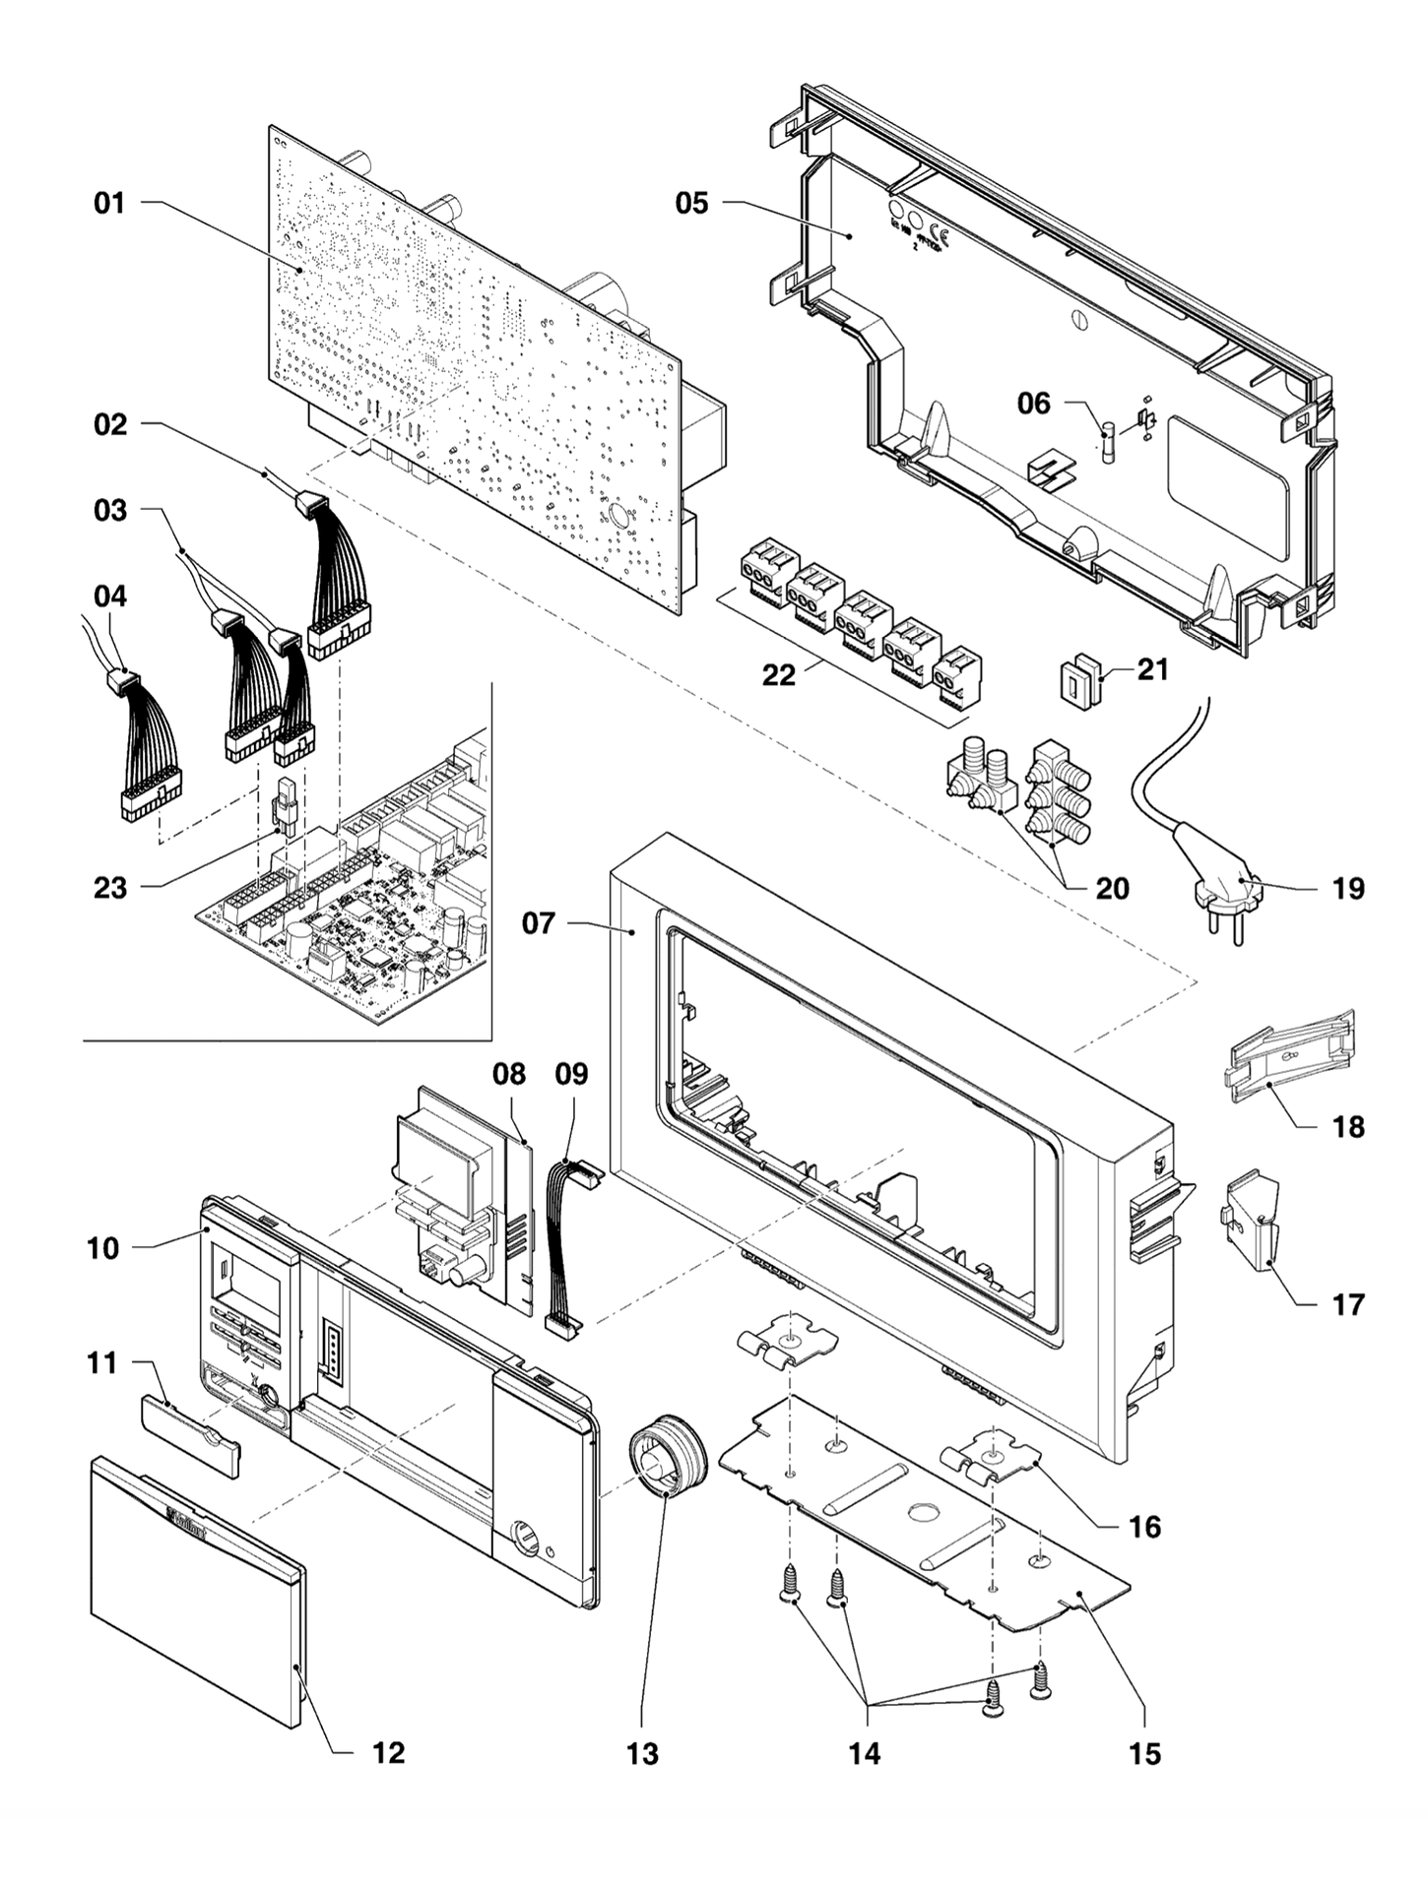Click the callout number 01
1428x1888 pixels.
(109, 204)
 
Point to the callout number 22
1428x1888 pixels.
(778, 676)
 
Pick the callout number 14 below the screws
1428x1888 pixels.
(865, 1753)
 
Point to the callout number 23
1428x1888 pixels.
(109, 888)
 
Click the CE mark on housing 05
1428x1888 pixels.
(939, 235)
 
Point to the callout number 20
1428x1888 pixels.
(1112, 888)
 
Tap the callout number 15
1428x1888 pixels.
(1145, 1754)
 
